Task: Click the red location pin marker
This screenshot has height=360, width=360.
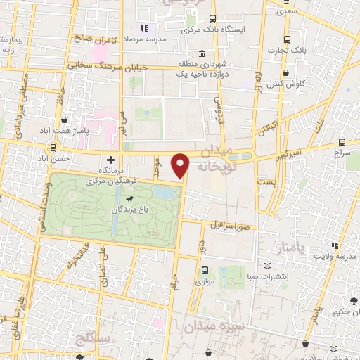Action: [181, 165]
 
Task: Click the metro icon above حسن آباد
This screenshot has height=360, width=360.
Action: [53, 148]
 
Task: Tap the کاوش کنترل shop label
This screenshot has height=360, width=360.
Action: [285, 84]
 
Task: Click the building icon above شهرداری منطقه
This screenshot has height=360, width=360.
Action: [202, 54]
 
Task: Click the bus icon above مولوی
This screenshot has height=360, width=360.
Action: [205, 270]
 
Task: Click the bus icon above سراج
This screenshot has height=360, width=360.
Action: [342, 141]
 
